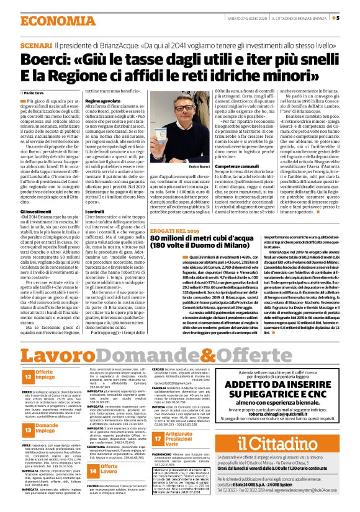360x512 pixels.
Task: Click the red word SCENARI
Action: click(x=36, y=46)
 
